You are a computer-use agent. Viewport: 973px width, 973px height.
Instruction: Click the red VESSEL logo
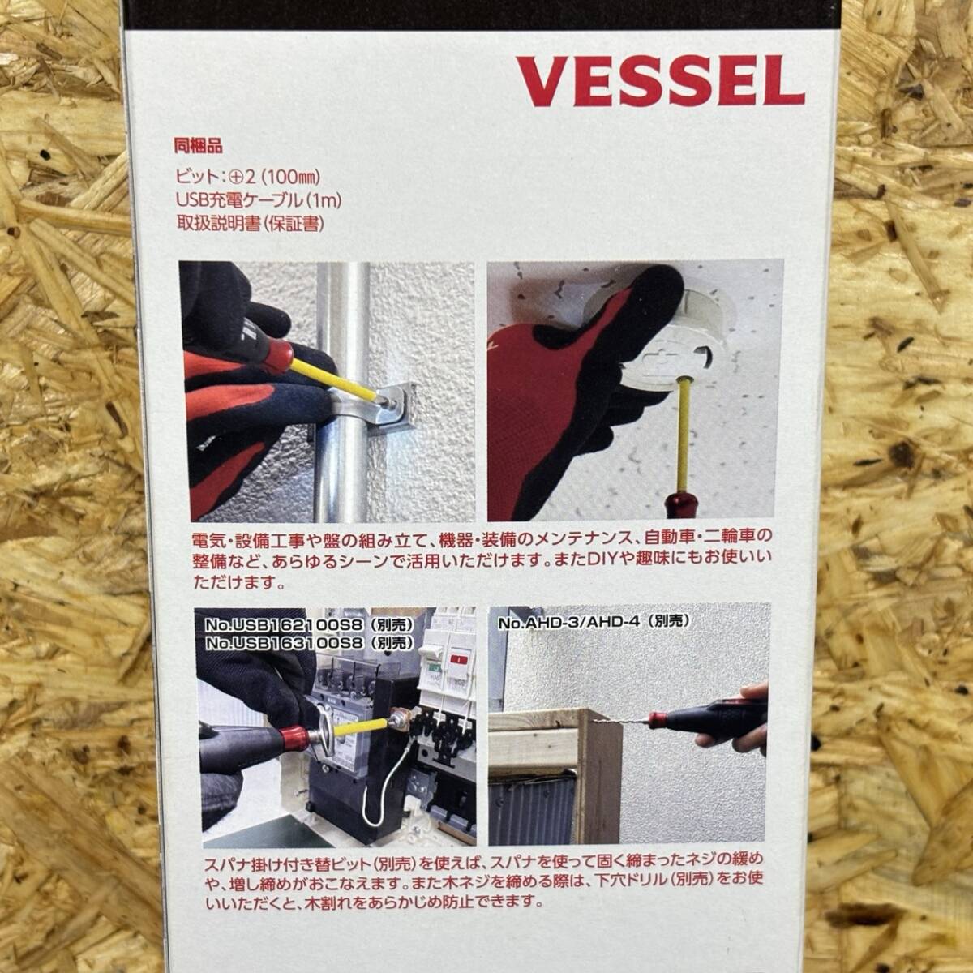tap(660, 81)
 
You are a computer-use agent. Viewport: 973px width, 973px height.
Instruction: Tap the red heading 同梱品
tap(198, 147)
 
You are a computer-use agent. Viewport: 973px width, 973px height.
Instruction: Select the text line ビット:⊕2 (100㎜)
tap(247, 177)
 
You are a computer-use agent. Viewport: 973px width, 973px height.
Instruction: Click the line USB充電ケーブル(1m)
tap(259, 201)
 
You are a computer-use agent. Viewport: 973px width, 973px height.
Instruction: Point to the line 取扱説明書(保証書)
tap(250, 224)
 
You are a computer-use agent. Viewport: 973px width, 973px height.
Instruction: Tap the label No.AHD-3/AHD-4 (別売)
tap(594, 622)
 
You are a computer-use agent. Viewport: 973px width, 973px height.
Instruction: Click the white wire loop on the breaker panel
tap(384, 791)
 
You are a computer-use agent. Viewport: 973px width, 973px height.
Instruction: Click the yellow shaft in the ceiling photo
tap(684, 435)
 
